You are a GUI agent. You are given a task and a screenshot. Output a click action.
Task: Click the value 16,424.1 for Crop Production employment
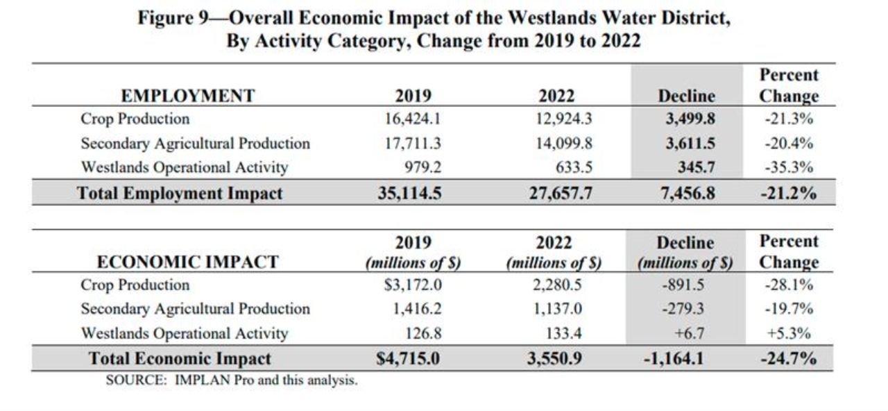click(413, 119)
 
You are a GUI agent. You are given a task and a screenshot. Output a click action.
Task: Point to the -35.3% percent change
click(789, 167)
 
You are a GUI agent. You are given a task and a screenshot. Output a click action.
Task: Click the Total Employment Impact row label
click(180, 193)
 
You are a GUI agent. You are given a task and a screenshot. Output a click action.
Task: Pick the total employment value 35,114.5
click(409, 193)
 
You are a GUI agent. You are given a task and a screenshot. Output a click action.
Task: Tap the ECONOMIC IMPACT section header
click(187, 262)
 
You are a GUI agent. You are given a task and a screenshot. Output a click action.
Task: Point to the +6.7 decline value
click(689, 333)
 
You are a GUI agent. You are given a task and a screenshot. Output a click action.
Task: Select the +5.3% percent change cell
click(789, 333)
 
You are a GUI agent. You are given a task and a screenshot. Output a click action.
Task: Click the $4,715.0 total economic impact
click(407, 359)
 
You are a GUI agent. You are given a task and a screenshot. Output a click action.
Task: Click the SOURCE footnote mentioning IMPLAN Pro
click(232, 380)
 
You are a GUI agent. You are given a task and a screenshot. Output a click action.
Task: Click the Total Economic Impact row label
click(180, 359)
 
